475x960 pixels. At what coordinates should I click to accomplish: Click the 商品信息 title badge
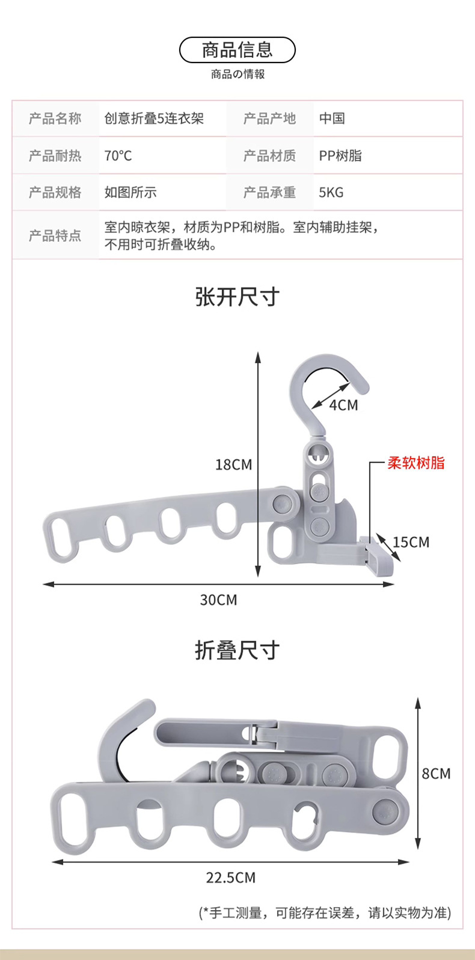237,50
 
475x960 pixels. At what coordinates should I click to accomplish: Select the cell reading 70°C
118,156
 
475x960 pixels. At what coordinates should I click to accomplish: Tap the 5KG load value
331,192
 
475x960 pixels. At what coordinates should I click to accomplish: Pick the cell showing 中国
332,118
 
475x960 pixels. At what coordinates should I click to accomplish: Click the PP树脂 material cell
340,156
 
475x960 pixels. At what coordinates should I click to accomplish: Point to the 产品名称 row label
55,118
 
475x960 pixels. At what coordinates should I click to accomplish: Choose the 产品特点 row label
55,235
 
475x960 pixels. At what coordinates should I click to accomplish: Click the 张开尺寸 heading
237,297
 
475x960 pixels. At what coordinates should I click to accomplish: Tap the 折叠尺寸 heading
237,650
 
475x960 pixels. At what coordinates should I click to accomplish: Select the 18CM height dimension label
233,464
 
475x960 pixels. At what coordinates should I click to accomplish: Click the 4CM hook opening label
343,405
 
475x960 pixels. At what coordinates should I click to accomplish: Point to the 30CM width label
218,600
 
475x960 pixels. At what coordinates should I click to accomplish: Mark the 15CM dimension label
411,543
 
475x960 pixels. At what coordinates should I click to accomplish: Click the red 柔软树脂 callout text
416,463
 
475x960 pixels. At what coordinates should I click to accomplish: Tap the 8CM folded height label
436,774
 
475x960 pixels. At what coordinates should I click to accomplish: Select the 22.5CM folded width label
231,878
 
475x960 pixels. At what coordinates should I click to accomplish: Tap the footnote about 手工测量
325,912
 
